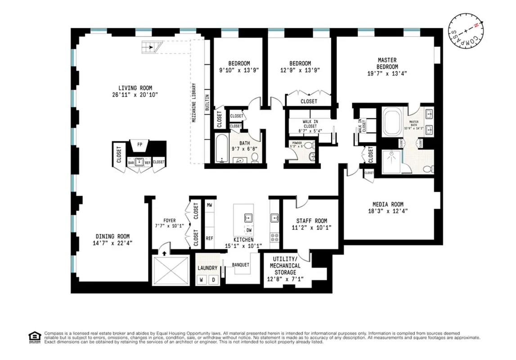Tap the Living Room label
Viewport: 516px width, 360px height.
pos(135,88)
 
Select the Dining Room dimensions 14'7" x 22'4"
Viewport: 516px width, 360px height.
pos(112,243)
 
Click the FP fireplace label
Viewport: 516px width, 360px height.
pos(139,145)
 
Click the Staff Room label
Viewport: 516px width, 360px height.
pos(311,221)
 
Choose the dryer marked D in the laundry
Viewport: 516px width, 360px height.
pos(214,279)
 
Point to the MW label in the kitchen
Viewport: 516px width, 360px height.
pos(209,205)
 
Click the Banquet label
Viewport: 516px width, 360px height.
pos(241,265)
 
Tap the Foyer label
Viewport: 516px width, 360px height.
pos(170,220)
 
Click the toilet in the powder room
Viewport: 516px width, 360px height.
pos(312,157)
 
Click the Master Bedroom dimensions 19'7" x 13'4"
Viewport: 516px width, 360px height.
pos(387,75)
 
